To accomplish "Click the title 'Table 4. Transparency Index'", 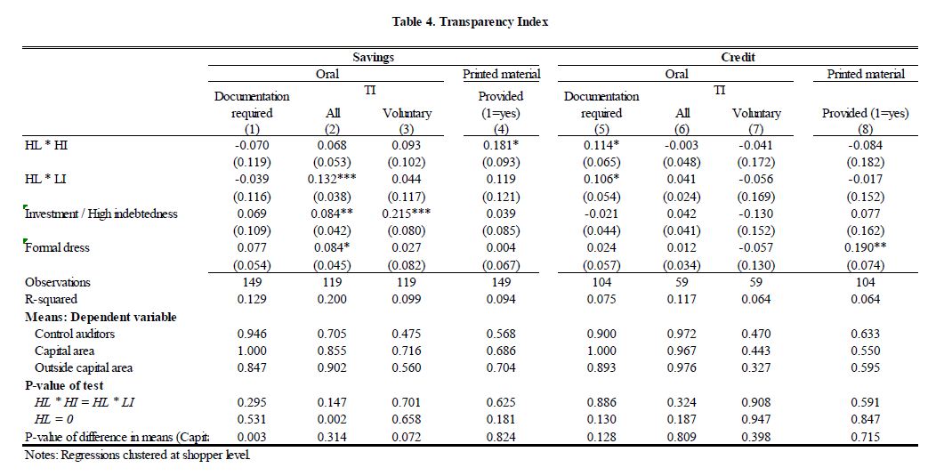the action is [470, 22].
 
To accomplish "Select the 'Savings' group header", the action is [374, 57].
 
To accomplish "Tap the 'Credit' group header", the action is [738, 57].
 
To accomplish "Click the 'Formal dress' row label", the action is [57, 247].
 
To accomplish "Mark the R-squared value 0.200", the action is [333, 299].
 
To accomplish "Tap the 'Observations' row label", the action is [57, 282].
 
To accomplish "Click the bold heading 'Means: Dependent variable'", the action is [101, 317].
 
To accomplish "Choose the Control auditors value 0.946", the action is [252, 334].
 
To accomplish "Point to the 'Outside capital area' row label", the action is [84, 368].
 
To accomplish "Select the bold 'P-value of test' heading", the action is [64, 386].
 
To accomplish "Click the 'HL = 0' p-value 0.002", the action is [333, 419].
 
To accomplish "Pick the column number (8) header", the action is [865, 129].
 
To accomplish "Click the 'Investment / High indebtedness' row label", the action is [101, 214].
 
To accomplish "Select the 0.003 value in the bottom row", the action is [252, 438].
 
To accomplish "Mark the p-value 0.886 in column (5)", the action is [601, 402].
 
